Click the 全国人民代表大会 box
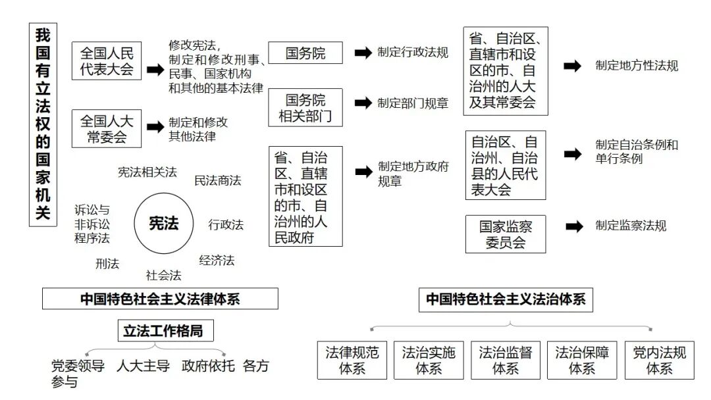pos(107,61)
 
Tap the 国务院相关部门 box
pos(305,109)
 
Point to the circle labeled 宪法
pos(164,224)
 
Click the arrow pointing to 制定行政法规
pos(363,53)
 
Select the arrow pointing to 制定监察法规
pos(574,226)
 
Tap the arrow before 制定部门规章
pos(363,103)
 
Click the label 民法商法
pos(217,180)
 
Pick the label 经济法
pos(217,260)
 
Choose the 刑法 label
pos(107,264)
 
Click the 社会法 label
pos(163,275)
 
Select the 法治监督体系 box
pos(505,360)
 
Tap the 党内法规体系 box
pos(660,360)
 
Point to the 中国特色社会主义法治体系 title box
pos(505,299)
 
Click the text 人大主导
pos(143,366)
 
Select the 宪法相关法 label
pos(147,172)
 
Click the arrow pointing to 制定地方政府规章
pos(363,172)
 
